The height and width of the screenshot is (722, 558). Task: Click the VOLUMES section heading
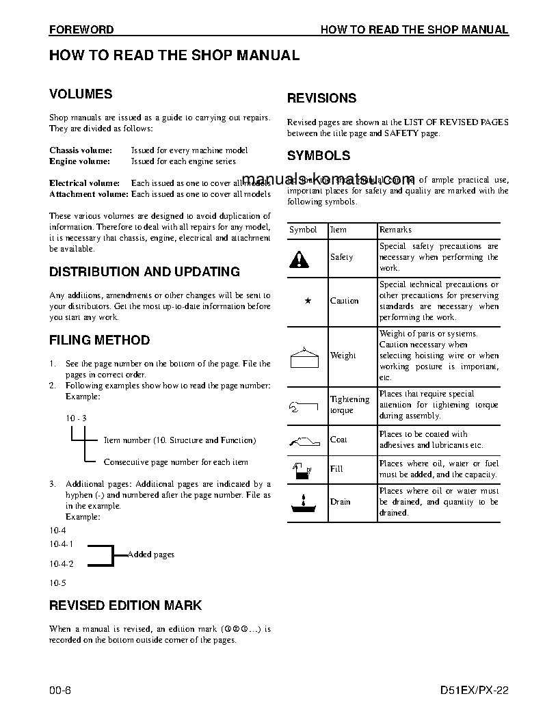click(x=81, y=94)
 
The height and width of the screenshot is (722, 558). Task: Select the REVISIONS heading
click(x=321, y=98)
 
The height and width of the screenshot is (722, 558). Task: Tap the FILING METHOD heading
click(x=99, y=340)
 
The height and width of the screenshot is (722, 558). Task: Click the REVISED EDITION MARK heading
click(x=125, y=606)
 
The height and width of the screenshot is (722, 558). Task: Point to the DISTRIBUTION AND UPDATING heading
click(x=144, y=272)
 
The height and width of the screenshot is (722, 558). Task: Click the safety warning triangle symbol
click(x=299, y=258)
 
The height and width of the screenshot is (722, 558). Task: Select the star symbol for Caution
click(x=307, y=301)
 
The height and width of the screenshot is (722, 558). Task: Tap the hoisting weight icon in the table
click(x=306, y=356)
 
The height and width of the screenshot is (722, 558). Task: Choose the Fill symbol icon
click(x=302, y=470)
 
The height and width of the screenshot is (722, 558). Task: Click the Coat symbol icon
click(x=305, y=440)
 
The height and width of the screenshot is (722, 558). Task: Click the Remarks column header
click(x=395, y=230)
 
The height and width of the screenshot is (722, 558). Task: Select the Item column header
click(x=338, y=230)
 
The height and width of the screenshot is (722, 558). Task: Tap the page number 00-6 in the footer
click(x=60, y=690)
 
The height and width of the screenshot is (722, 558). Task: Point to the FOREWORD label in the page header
click(x=81, y=30)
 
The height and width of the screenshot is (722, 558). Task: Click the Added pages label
click(x=151, y=554)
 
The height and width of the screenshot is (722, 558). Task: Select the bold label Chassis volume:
click(x=81, y=150)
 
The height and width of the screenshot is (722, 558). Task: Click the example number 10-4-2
click(x=62, y=564)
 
